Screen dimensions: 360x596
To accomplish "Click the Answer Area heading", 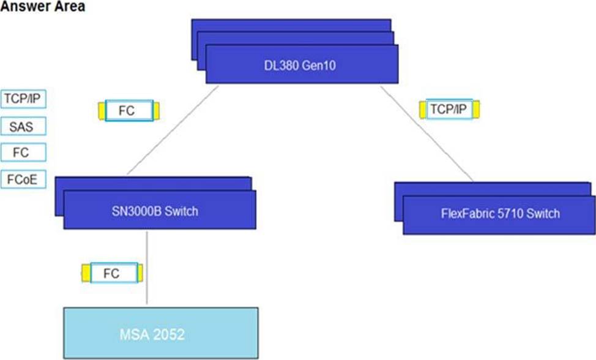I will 43,7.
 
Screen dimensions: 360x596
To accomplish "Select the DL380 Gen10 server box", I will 302,66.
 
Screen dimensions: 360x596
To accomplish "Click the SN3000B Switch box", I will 159,212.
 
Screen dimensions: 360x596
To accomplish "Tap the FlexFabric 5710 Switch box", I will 499,214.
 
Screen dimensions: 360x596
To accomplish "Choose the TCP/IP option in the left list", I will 24,99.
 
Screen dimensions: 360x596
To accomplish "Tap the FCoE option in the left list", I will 24,180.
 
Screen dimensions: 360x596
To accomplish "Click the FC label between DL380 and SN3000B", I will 129,111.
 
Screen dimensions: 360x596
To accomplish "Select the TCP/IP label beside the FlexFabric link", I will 449,110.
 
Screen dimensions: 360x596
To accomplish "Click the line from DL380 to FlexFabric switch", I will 427,133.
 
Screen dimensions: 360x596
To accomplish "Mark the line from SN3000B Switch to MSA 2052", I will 147,266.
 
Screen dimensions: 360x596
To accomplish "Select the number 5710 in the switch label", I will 501,214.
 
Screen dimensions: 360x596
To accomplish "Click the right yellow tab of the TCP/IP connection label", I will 476,110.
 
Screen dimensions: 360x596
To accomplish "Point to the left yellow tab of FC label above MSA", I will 86,273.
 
